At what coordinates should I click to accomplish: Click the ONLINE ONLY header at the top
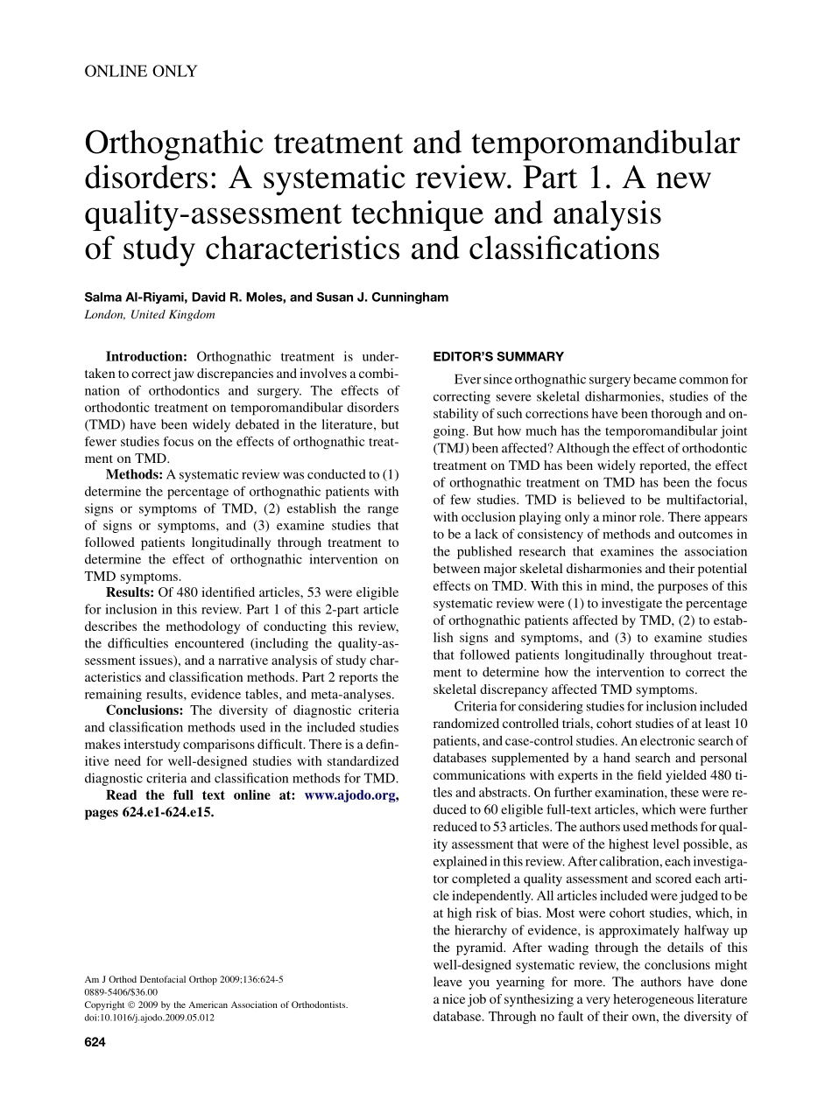[140, 72]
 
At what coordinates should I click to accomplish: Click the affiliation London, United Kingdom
[150, 315]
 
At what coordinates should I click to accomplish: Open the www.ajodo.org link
[351, 794]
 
